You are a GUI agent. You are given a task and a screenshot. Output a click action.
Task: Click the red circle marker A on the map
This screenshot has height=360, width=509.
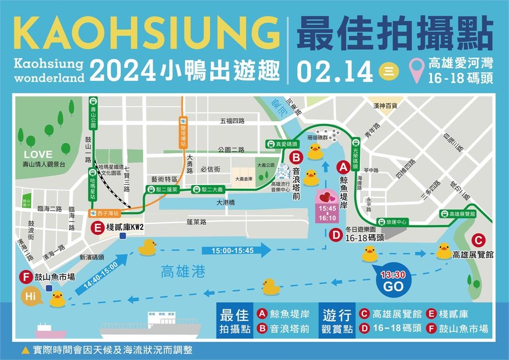coord(343,167)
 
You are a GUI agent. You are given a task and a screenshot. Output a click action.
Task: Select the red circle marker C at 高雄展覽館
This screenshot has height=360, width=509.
coord(478,240)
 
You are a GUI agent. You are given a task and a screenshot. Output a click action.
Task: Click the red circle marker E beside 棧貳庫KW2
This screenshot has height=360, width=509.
coord(97,228)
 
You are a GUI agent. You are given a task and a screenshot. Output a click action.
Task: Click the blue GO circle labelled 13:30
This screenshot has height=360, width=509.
coord(393,281)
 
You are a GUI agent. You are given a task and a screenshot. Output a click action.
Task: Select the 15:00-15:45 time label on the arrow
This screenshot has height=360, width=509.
coord(234,251)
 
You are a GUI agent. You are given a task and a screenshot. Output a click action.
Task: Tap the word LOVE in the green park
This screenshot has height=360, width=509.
coord(38,155)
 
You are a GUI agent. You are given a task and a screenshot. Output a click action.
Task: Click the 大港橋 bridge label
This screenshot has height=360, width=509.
coord(225,202)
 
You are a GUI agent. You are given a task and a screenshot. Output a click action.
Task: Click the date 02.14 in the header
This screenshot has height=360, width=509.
coord(334,72)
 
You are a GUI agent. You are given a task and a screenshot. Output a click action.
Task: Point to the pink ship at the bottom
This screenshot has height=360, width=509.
coord(51,331)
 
